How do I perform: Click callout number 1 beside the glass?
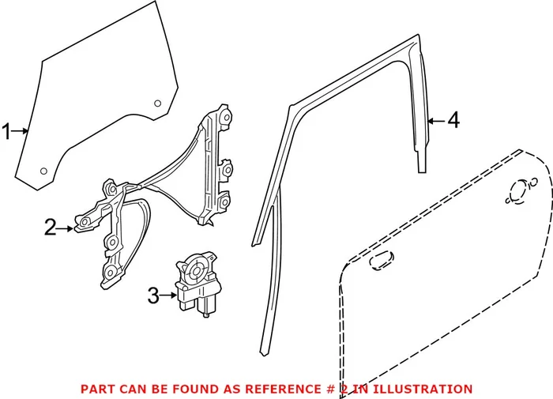click(8, 132)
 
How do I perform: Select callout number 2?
click(51, 228)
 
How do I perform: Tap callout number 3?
click(154, 297)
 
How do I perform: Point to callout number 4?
click(452, 121)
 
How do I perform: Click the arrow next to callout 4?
click(434, 122)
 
